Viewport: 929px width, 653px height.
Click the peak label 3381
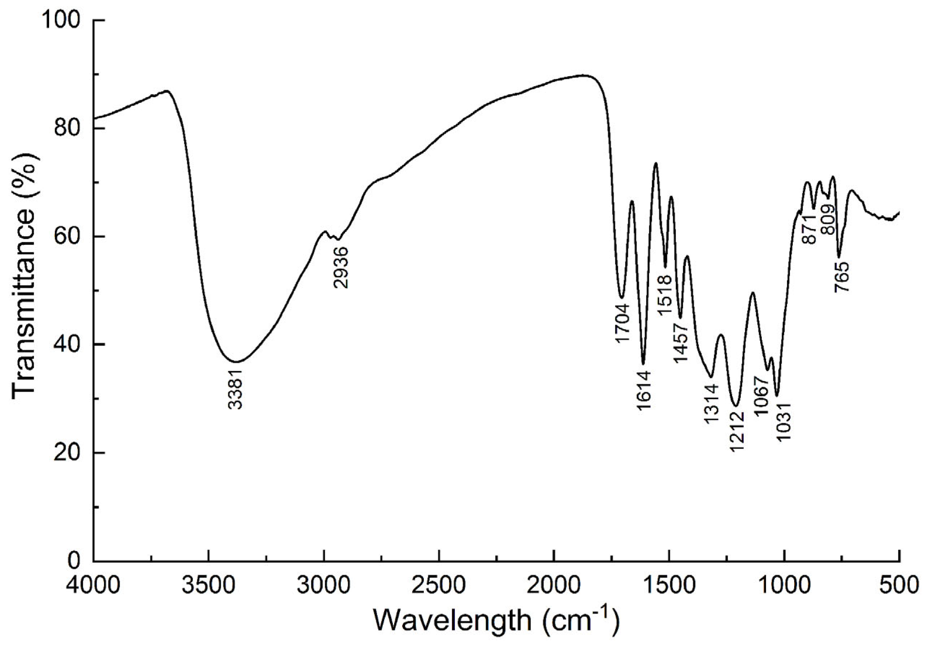235,389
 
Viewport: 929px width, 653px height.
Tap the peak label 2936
341,267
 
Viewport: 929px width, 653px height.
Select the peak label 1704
622,323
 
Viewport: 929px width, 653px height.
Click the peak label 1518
665,295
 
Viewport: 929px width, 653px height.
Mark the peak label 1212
736,432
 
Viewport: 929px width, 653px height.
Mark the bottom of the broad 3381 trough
236,362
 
